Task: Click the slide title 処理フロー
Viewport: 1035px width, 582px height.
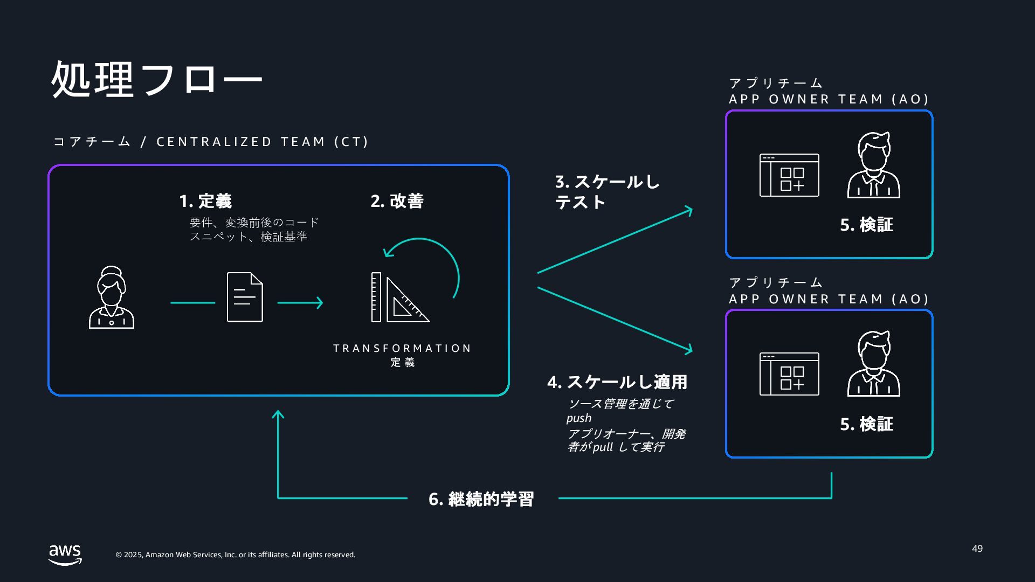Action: pos(156,80)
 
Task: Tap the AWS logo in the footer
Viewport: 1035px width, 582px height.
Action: pos(65,555)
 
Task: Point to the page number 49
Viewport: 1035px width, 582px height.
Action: pos(977,549)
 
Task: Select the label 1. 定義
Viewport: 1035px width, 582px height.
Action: pos(205,201)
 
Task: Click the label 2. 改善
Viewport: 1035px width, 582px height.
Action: pos(397,201)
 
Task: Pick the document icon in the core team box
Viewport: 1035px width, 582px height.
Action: pos(245,297)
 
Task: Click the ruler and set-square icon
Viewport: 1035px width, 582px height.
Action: pos(399,297)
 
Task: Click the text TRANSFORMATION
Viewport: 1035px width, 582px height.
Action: pos(402,348)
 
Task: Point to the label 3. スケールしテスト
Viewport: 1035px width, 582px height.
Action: pos(607,192)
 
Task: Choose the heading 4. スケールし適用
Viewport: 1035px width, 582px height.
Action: pos(617,382)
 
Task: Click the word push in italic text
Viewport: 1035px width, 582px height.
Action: pos(579,418)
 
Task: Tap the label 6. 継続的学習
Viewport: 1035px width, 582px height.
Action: pos(481,499)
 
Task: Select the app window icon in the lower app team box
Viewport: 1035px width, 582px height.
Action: pos(789,374)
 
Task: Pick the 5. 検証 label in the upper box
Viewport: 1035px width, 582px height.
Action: pos(866,225)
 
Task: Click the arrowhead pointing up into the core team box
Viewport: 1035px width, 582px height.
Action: pos(278,414)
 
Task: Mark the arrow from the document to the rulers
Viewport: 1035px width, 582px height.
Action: pos(300,303)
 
